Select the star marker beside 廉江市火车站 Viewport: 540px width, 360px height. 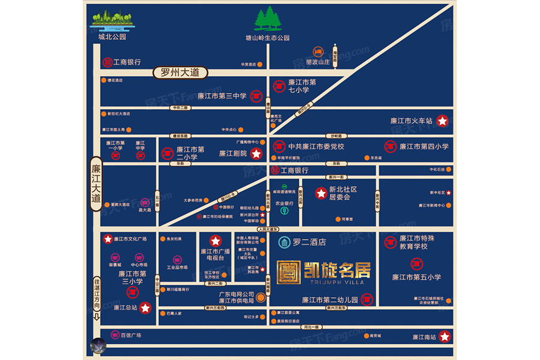coord(442,121)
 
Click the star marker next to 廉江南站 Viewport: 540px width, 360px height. coord(445,337)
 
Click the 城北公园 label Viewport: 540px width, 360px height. coord(112,37)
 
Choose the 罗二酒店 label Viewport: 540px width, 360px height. coord(309,242)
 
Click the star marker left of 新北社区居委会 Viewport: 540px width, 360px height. coord(321,193)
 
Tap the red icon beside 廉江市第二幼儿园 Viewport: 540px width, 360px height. coord(368,299)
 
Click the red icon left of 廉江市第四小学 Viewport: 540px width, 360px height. coord(391,146)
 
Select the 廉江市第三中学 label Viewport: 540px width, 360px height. coord(221,95)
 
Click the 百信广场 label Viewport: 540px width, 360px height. coord(130,335)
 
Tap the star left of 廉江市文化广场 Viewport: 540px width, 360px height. coord(108,239)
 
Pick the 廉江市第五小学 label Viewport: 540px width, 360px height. coord(416,277)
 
